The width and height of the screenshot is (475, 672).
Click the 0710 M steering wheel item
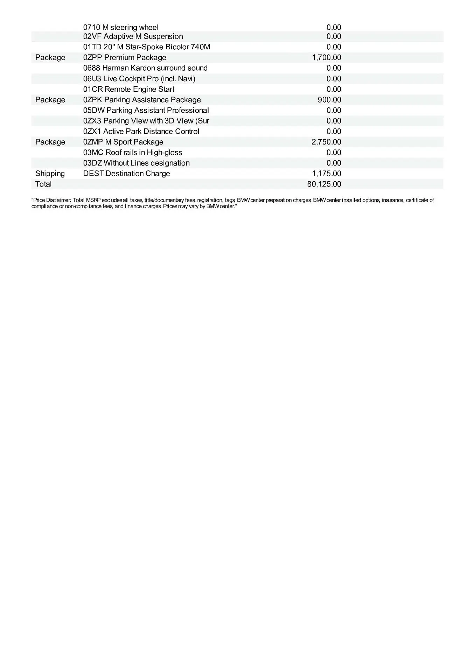tap(121, 27)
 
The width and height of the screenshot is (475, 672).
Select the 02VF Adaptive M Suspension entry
tap(133, 36)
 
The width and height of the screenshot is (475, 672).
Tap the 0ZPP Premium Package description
tap(125, 57)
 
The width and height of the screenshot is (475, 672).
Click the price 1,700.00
tap(326, 57)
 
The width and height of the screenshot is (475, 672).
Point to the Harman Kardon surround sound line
tap(145, 68)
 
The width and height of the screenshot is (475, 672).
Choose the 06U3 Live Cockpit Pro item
tap(139, 79)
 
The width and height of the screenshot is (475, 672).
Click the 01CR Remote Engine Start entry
tap(128, 89)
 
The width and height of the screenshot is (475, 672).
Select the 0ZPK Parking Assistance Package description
tap(142, 100)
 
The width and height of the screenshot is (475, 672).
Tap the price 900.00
tap(329, 100)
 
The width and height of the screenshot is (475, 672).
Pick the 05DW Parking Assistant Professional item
tap(146, 110)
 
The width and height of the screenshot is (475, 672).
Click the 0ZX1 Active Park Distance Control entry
tap(141, 131)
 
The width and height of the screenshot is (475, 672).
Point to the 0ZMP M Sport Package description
tap(123, 142)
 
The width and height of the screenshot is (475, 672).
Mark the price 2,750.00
tap(326, 142)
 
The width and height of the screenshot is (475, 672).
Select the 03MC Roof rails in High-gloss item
tap(133, 152)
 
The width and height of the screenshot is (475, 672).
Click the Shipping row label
tap(50, 174)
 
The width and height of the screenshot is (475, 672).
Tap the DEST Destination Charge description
tap(126, 174)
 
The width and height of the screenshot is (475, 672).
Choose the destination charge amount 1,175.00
tap(326, 174)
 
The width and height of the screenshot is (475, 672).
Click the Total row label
tap(43, 184)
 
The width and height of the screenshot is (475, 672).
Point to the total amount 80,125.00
tap(324, 184)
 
